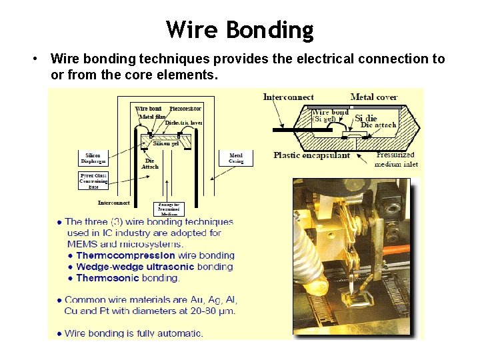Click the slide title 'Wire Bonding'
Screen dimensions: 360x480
tap(240, 29)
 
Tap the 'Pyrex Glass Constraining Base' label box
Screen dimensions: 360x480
tap(93, 181)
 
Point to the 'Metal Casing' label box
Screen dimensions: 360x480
tap(236, 158)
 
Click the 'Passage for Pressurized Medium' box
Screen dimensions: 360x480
tap(169, 209)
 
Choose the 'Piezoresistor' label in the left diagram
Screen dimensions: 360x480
tap(185, 109)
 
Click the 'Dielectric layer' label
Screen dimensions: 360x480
tap(183, 123)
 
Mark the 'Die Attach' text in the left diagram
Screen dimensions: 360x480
tap(150, 163)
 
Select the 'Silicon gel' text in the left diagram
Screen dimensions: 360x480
tap(166, 143)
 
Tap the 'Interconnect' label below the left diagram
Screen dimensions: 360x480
tap(113, 203)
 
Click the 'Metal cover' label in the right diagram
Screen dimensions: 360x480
tap(374, 97)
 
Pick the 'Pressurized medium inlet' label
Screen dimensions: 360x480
tap(396, 159)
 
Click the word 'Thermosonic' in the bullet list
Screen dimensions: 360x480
tap(108, 278)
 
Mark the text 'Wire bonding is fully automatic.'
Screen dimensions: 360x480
tap(133, 333)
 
